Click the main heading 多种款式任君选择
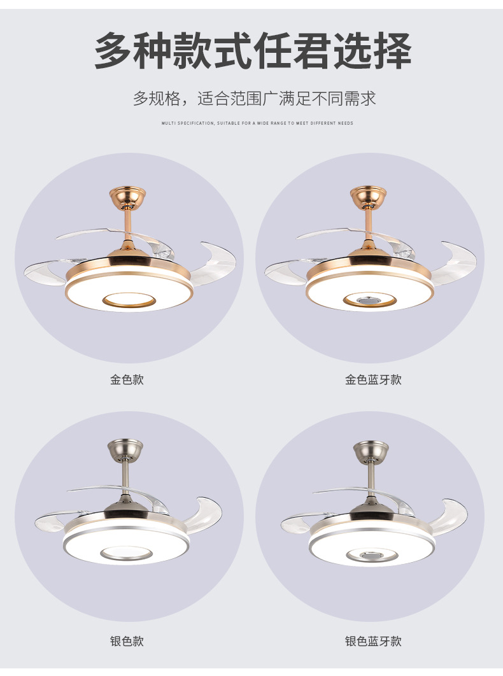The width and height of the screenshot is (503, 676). tap(253, 51)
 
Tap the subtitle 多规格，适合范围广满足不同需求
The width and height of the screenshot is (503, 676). tap(254, 99)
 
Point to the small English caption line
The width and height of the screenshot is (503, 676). tap(257, 123)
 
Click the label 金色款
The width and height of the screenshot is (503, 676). tap(127, 380)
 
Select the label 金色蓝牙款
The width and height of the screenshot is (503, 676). tap(373, 380)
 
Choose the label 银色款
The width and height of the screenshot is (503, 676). tap(127, 641)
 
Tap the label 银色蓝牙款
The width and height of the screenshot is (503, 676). tap(373, 641)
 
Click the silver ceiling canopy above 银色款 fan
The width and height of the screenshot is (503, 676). tap(125, 449)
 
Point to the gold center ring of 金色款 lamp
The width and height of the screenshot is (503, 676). tap(129, 299)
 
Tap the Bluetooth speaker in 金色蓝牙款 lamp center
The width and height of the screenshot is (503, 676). tap(369, 300)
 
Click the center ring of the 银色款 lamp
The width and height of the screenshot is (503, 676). tap(126, 553)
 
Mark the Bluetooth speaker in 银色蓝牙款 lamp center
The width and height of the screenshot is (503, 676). tap(372, 556)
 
